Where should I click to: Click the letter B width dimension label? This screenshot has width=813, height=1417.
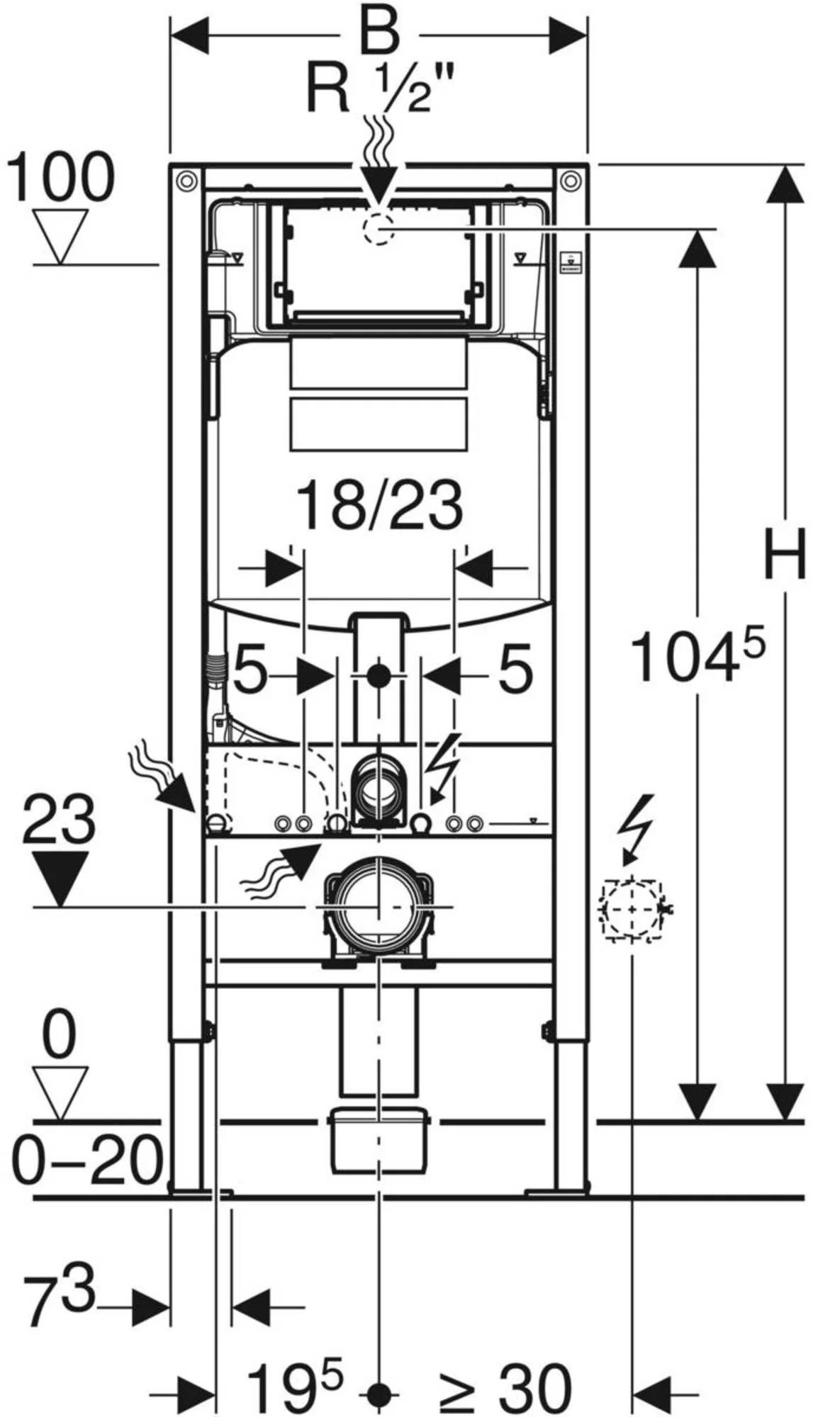click(x=379, y=33)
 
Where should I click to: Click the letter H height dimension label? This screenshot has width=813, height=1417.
click(x=784, y=553)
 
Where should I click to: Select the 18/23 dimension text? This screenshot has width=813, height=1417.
click(x=379, y=506)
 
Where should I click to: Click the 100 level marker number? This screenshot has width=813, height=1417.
click(x=60, y=177)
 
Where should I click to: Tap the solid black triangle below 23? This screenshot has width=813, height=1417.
click(x=60, y=877)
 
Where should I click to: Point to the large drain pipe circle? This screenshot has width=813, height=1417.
click(x=379, y=907)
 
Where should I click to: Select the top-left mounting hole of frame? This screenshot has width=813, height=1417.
click(x=186, y=181)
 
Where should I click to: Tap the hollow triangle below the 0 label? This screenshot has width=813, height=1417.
click(x=60, y=1092)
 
